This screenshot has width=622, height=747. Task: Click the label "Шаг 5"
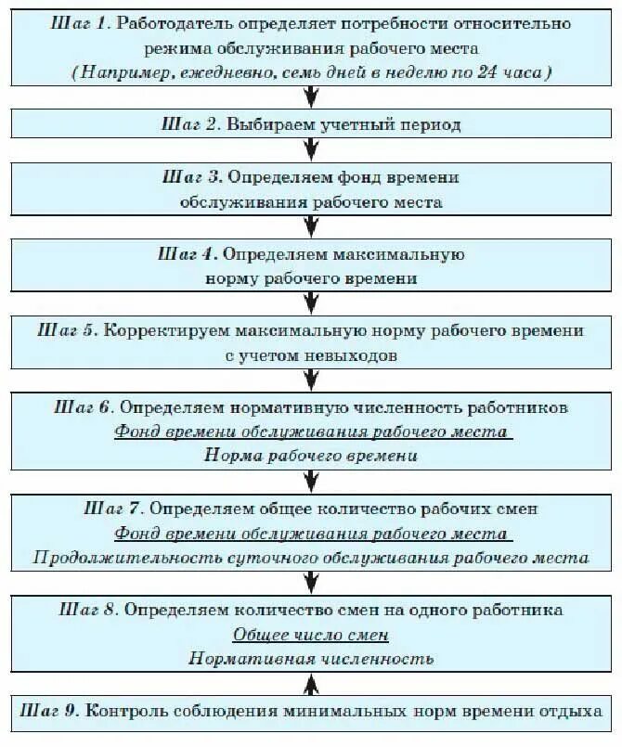tap(70, 330)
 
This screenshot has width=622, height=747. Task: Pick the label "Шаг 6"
tap(85, 407)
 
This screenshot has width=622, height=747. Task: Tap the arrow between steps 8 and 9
tap(310, 682)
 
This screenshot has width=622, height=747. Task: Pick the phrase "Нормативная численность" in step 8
tap(310, 659)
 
